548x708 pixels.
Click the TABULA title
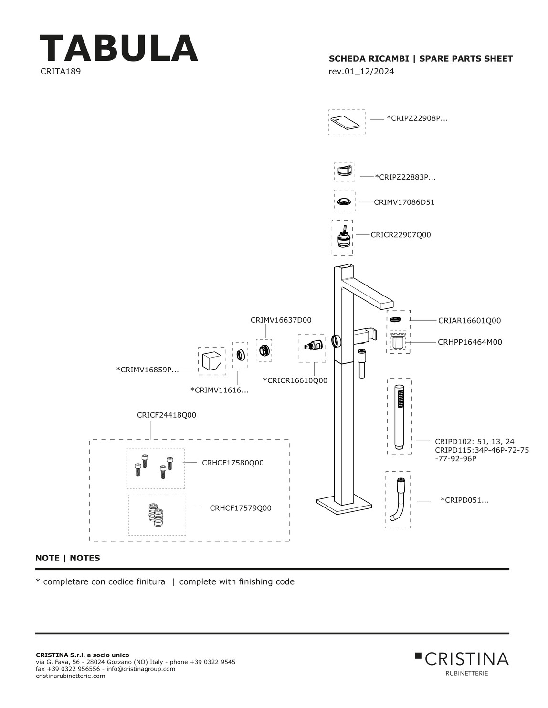click(118, 48)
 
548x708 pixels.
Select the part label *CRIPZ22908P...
click(417, 118)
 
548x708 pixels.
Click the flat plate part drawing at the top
click(347, 122)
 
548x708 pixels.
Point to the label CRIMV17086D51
click(404, 202)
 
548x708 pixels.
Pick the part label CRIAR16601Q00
click(469, 321)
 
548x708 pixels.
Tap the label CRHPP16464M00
click(470, 342)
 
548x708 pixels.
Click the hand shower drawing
click(399, 416)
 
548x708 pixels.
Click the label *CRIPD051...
click(464, 500)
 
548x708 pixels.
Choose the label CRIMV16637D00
click(281, 320)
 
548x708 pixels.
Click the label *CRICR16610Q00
click(295, 380)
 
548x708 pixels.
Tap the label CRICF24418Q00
click(166, 415)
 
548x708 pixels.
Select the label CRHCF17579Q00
click(240, 508)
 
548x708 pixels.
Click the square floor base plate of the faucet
click(344, 504)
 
